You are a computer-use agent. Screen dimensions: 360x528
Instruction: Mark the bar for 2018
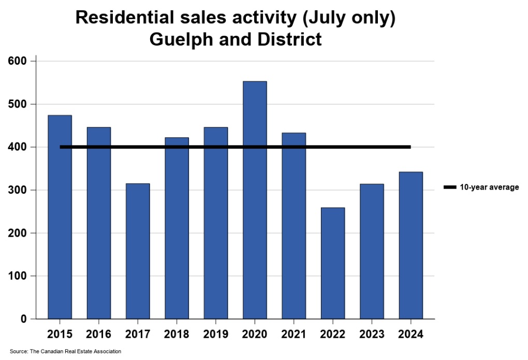coord(177,228)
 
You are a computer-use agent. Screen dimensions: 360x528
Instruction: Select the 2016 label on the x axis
coord(98,334)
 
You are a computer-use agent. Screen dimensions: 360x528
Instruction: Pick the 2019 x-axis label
coord(215,334)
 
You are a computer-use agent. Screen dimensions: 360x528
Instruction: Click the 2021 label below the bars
coord(294,334)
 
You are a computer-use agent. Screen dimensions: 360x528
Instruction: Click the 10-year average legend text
coord(489,188)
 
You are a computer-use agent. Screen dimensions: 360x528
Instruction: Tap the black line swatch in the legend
coord(450,188)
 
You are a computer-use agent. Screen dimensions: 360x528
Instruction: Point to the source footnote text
coord(65,352)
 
